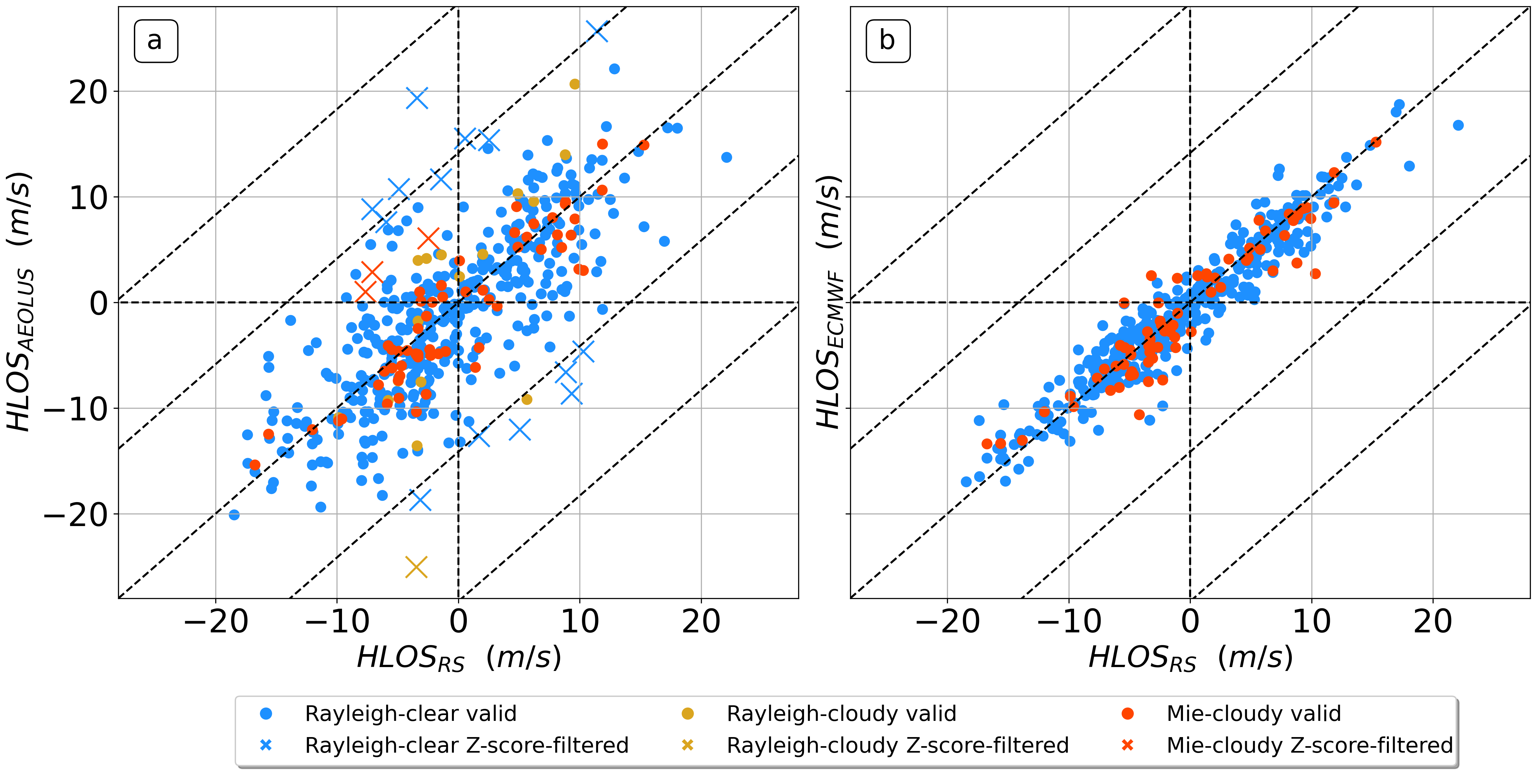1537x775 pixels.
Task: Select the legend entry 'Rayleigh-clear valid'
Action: tap(410, 713)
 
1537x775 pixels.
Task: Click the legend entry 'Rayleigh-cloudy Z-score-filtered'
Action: tap(897, 745)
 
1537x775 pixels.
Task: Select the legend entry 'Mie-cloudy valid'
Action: tap(1254, 713)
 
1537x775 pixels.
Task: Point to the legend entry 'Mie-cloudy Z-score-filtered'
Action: tap(1310, 745)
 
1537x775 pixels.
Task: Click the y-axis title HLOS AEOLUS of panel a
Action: tap(20, 301)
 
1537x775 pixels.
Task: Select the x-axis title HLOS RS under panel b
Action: tap(1190, 658)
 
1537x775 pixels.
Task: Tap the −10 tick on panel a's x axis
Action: tap(337, 622)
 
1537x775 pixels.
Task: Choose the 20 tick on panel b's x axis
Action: tap(1433, 622)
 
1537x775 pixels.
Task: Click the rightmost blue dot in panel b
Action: tap(1458, 125)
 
